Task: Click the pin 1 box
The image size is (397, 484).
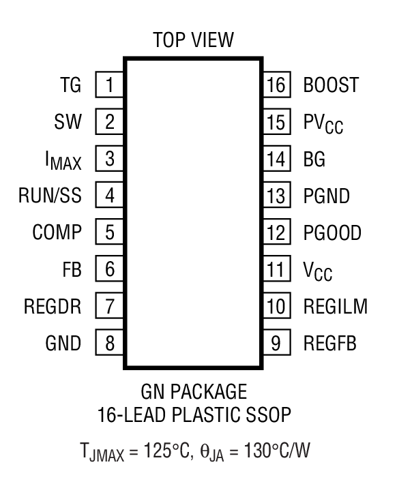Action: [109, 85]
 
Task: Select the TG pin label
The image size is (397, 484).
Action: [70, 85]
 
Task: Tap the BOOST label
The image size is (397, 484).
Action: [330, 85]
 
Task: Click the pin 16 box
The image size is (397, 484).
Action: [276, 85]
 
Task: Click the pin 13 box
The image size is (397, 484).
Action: [276, 196]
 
